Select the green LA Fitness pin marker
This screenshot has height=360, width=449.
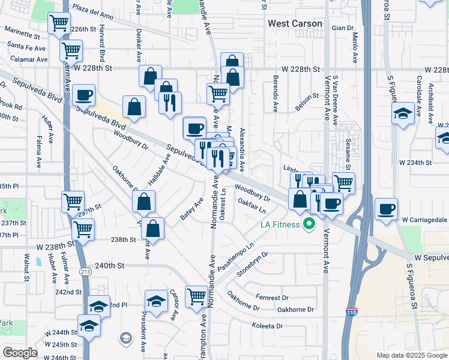(x=310, y=226)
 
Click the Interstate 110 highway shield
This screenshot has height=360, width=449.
(x=351, y=312)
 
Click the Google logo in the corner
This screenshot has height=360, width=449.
(x=20, y=353)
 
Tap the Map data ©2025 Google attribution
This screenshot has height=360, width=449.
(x=412, y=355)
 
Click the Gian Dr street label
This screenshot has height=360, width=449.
(x=343, y=28)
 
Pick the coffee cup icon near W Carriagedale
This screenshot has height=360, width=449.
(x=386, y=209)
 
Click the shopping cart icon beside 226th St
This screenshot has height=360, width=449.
(x=59, y=24)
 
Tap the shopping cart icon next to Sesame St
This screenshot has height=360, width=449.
(x=343, y=182)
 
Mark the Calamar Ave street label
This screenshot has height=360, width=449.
(x=27, y=59)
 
